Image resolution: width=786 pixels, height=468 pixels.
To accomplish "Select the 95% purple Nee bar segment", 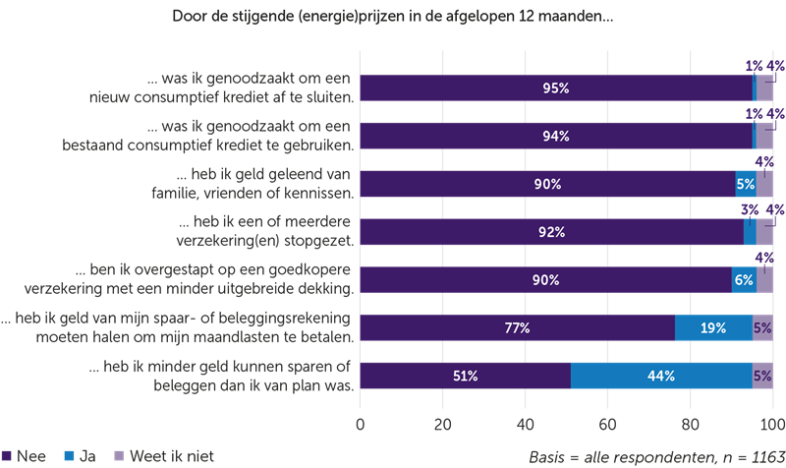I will click(x=556, y=88).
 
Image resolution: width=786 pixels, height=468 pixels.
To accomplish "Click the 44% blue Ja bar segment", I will click(x=660, y=376).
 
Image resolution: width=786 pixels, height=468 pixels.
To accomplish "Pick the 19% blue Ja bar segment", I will click(x=713, y=327).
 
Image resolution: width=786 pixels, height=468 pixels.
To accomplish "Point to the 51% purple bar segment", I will click(x=466, y=376).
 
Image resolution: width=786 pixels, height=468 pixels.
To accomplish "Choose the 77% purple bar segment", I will click(x=518, y=327).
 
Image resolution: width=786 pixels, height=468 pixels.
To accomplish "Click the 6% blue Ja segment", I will click(x=744, y=279).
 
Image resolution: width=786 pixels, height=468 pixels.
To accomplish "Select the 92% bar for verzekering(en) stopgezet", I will click(x=551, y=232).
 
